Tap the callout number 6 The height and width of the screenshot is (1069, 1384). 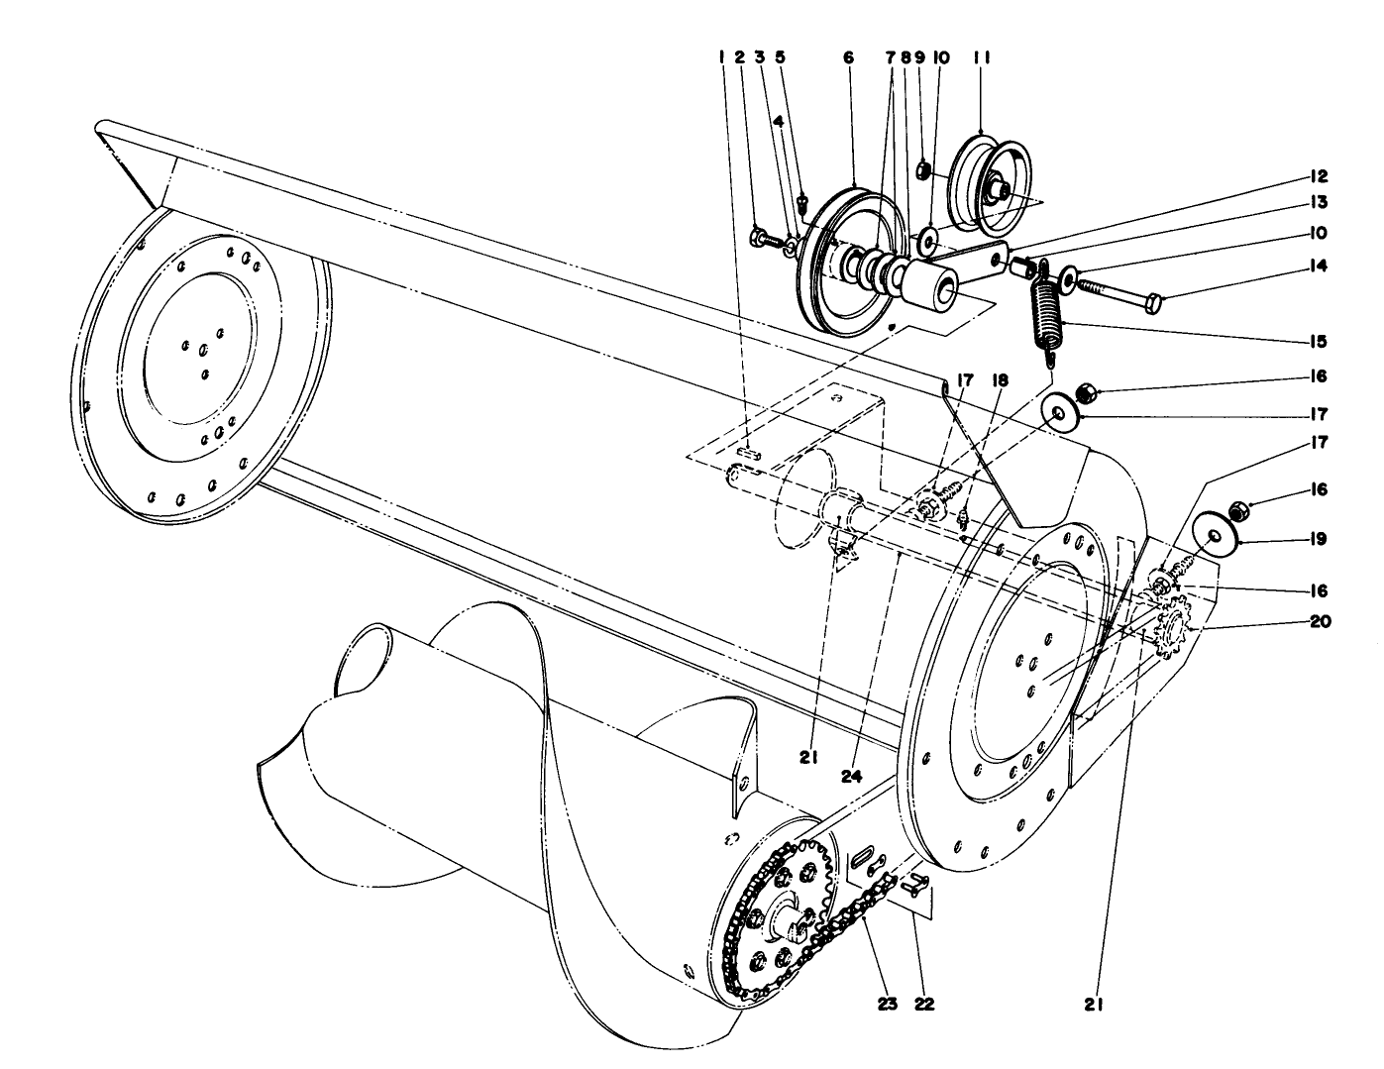[848, 58]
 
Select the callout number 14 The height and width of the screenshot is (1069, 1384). [1317, 266]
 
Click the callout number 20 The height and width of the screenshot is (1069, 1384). [1319, 622]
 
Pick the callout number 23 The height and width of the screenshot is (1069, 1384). [887, 1004]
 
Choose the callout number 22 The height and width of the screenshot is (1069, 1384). [923, 1004]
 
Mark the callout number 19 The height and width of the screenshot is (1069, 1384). [1317, 539]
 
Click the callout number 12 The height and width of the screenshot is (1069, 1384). [1317, 177]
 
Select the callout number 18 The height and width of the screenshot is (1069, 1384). [1000, 379]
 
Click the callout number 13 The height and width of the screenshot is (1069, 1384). [1317, 203]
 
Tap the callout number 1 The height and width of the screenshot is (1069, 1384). [722, 58]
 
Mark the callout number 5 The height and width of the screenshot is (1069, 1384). [780, 58]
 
